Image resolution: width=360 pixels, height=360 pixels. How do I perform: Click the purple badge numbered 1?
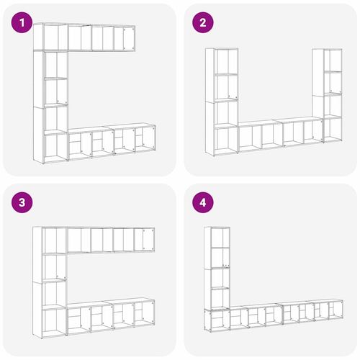click(x=24, y=24)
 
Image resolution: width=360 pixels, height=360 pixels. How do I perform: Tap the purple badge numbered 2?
click(x=203, y=24)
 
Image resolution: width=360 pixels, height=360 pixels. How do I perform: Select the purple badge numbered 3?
click(x=24, y=204)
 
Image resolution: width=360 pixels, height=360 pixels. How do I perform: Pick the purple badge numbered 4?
click(x=203, y=204)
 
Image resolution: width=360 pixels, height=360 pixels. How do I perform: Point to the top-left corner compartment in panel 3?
click(x=53, y=240)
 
